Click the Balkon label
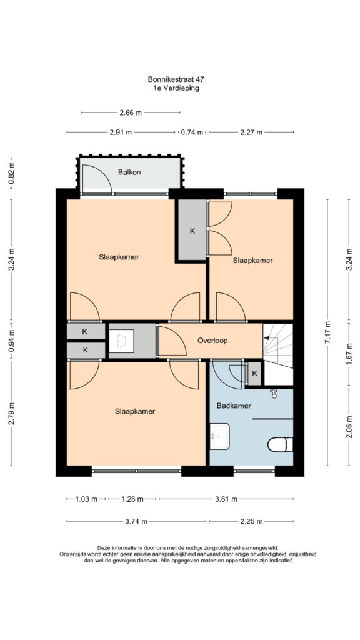click(x=129, y=172)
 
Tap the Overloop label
click(x=212, y=340)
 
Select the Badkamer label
click(x=234, y=406)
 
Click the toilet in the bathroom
click(x=281, y=444)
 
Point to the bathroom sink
click(x=219, y=436)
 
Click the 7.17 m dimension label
click(x=327, y=333)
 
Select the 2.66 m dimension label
click(x=131, y=112)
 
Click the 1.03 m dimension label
click(x=86, y=499)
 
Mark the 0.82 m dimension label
click(x=12, y=174)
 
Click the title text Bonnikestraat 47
click(x=174, y=79)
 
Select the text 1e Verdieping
click(x=174, y=87)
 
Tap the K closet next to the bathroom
click(x=254, y=373)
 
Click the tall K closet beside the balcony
click(x=192, y=230)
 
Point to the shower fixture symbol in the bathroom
click(x=274, y=393)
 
